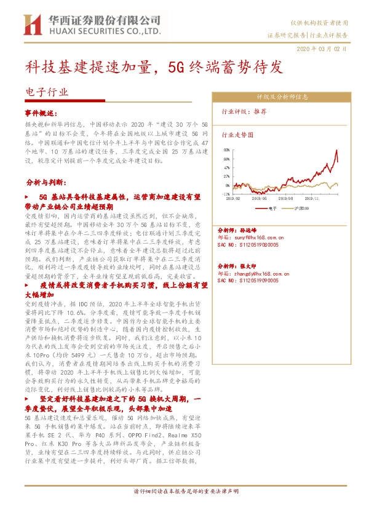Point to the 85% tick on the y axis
tap(226, 149)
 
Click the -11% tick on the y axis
tap(226, 194)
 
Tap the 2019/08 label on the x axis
tap(286, 198)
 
